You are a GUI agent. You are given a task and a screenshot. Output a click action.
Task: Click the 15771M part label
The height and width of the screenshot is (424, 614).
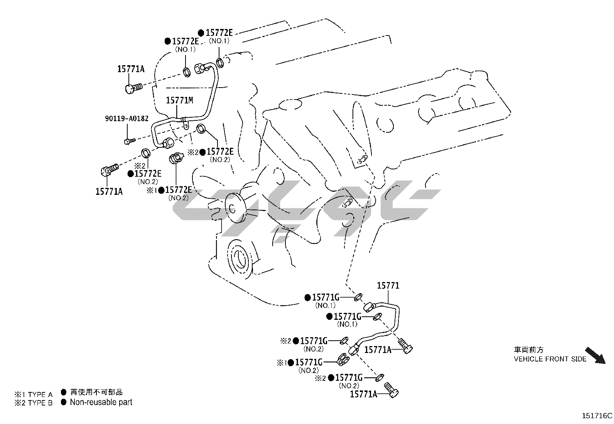click(x=179, y=100)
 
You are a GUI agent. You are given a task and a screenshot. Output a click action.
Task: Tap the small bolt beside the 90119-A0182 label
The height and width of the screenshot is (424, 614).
click(x=129, y=141)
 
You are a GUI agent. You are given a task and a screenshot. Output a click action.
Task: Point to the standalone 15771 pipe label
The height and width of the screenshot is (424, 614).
click(x=388, y=286)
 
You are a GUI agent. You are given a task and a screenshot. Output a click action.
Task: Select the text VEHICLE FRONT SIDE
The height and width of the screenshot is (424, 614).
click(x=550, y=359)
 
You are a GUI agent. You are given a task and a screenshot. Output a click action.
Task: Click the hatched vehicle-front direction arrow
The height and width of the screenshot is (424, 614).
click(x=595, y=355)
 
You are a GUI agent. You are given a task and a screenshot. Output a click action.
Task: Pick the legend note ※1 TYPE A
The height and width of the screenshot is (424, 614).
click(x=33, y=395)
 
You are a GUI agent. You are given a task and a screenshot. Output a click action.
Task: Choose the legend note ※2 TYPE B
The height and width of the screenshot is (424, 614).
click(x=33, y=403)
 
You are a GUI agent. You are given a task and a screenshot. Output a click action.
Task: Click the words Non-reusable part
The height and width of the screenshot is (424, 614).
click(x=101, y=402)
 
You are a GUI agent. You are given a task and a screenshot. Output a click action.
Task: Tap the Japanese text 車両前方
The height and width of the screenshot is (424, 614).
click(x=528, y=350)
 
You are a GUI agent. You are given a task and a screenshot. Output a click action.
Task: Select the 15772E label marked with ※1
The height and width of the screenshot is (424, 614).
click(x=178, y=190)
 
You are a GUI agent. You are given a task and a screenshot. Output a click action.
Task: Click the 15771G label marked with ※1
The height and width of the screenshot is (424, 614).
click(x=309, y=363)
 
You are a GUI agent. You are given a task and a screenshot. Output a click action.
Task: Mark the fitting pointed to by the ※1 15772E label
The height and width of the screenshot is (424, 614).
click(x=175, y=158)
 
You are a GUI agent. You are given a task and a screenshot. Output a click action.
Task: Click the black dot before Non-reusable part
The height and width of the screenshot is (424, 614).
click(x=64, y=402)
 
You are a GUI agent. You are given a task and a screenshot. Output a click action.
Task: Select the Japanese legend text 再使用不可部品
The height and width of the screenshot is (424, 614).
click(x=96, y=392)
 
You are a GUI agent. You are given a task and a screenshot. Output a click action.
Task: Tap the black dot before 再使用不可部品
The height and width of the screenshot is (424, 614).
click(x=64, y=392)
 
